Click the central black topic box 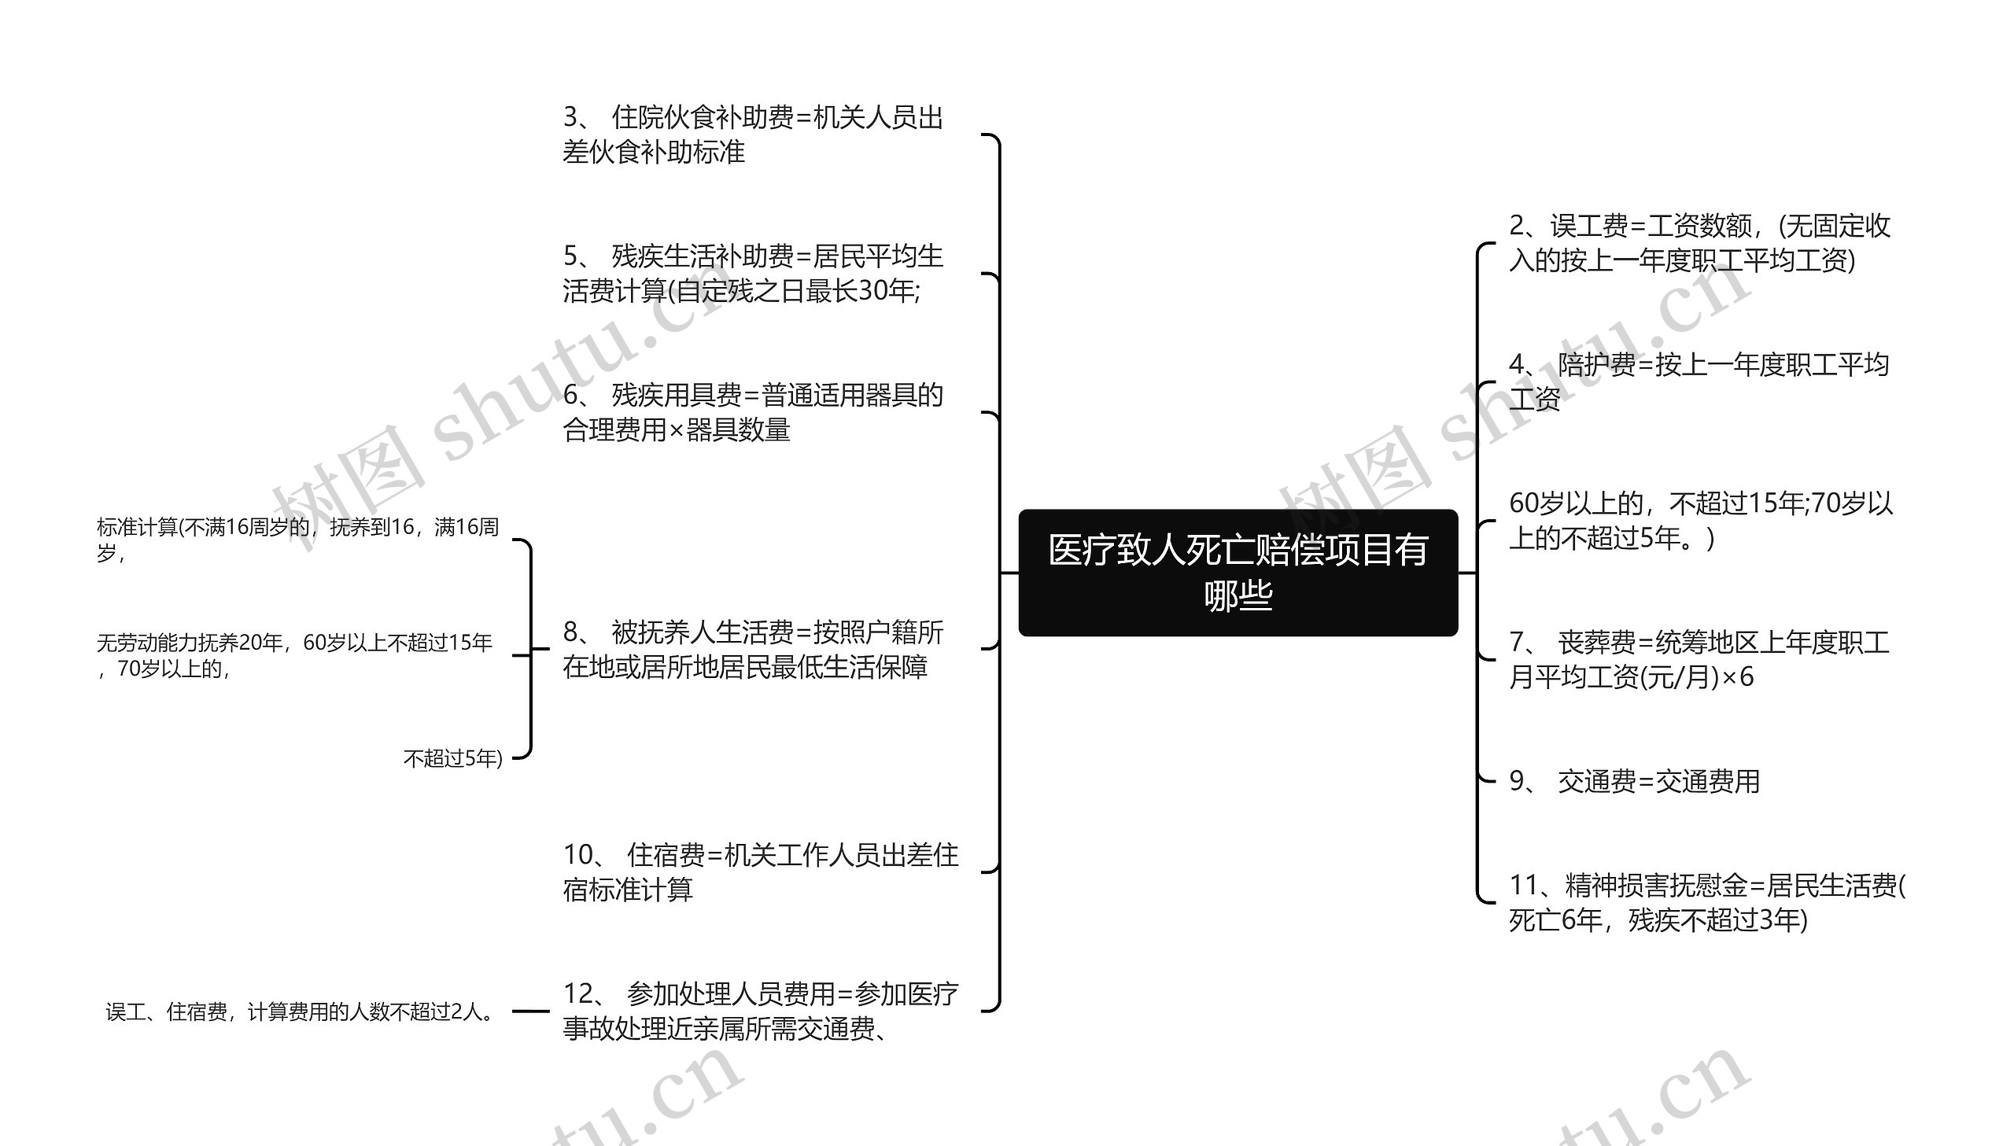click(1238, 572)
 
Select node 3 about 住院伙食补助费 click(752, 134)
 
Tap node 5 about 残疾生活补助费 click(752, 273)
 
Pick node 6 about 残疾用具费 click(752, 412)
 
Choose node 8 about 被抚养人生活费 click(752, 650)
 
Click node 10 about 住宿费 click(760, 872)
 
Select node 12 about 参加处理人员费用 click(760, 1011)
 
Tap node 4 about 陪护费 click(1699, 381)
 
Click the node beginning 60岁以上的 click(1700, 520)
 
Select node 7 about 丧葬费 click(1699, 660)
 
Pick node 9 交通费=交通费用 click(1634, 782)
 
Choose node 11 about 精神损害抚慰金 click(1706, 902)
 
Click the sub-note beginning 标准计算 click(297, 539)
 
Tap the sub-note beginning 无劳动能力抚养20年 click(294, 655)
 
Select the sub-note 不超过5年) click(452, 758)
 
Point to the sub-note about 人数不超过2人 click(299, 1012)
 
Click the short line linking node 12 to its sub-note click(530, 1012)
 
